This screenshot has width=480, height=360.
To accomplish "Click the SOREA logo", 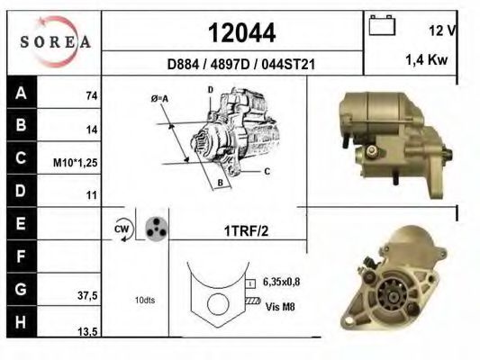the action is click(55, 42).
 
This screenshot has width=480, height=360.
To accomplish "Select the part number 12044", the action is click(242, 33).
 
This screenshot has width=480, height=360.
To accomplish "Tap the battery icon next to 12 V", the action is click(382, 25).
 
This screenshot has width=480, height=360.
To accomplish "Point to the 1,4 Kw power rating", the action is click(427, 59).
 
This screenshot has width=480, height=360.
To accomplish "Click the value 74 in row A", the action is click(92, 95).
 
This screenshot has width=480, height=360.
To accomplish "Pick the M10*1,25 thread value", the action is click(76, 163).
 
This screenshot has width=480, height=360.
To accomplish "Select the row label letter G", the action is click(21, 289).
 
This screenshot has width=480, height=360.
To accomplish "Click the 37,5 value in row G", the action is click(87, 296).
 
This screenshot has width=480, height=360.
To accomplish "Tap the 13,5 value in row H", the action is click(87, 331).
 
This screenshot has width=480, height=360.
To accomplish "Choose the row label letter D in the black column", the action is click(21, 191).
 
